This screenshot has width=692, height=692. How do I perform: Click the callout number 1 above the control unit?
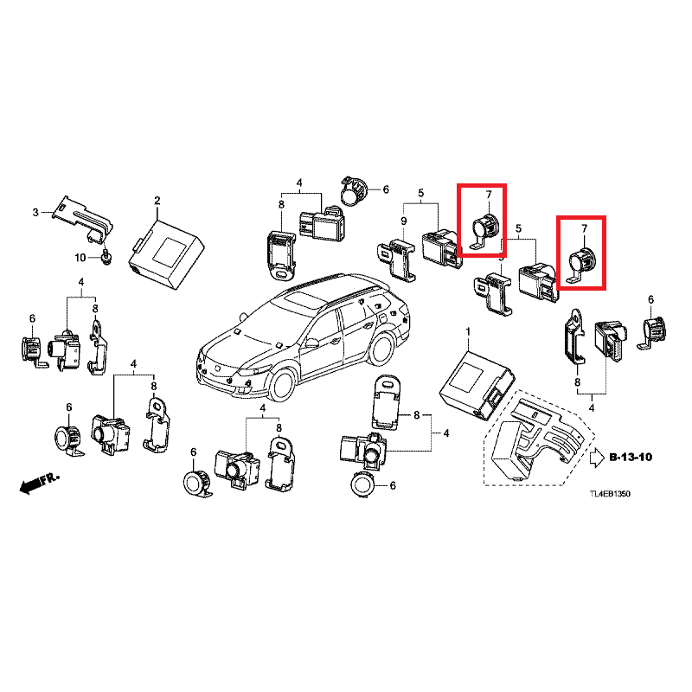point(467,332)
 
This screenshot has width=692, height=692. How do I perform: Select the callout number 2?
point(157,202)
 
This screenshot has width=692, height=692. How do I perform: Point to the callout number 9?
point(403,221)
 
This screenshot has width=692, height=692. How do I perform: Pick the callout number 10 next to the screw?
point(79,258)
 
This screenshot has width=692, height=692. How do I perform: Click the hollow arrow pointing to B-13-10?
point(596,458)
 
